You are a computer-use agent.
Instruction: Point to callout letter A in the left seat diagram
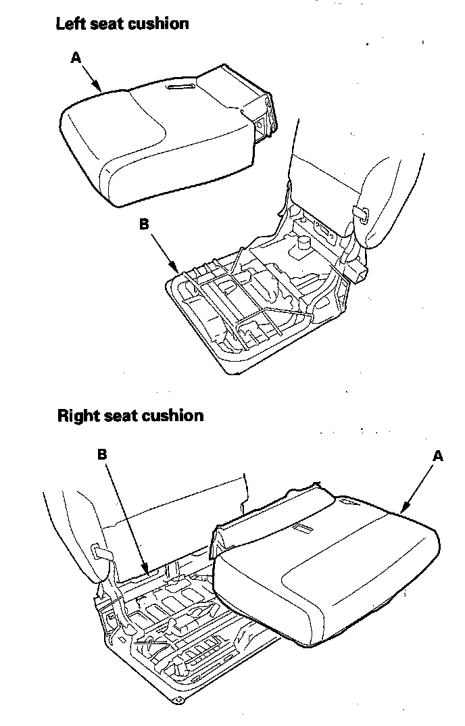pyautogui.click(x=76, y=58)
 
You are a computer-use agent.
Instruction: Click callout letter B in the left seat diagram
pyautogui.click(x=144, y=224)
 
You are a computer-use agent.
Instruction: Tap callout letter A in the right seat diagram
pyautogui.click(x=437, y=456)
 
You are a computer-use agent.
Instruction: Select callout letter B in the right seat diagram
pyautogui.click(x=102, y=455)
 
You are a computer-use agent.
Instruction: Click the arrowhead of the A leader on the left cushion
pyautogui.click(x=101, y=91)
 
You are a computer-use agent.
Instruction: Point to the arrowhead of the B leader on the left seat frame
pyautogui.click(x=178, y=272)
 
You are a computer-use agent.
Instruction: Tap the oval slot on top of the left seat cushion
pyautogui.click(x=184, y=88)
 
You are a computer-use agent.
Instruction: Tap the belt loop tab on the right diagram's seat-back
pyautogui.click(x=101, y=552)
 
